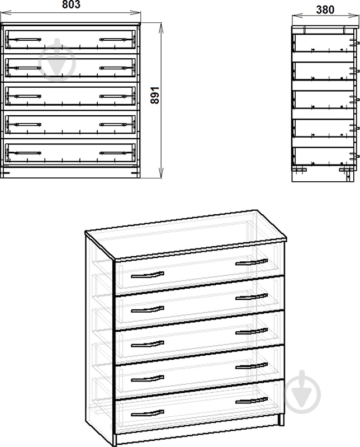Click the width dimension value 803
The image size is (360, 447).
point(71,4)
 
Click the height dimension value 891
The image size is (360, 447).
point(155,95)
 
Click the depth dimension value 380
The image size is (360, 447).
point(325,10)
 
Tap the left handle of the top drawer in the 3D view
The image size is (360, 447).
point(148,275)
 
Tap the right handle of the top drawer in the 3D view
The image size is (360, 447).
point(252,262)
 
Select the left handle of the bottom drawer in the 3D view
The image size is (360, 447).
point(148,413)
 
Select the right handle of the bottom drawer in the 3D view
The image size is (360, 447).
point(252,401)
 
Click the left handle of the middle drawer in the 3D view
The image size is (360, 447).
point(148,344)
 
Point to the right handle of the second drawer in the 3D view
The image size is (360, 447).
point(252,297)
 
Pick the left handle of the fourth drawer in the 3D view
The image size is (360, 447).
point(148,379)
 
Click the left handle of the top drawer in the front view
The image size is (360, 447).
point(27,39)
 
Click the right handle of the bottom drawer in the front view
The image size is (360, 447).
point(113,153)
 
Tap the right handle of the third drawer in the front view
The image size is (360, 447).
point(113,96)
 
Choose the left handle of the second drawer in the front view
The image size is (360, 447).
point(27,68)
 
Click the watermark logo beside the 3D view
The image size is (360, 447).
point(302,393)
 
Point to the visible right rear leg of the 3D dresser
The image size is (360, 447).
point(281,420)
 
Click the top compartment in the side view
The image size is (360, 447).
point(323,43)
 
